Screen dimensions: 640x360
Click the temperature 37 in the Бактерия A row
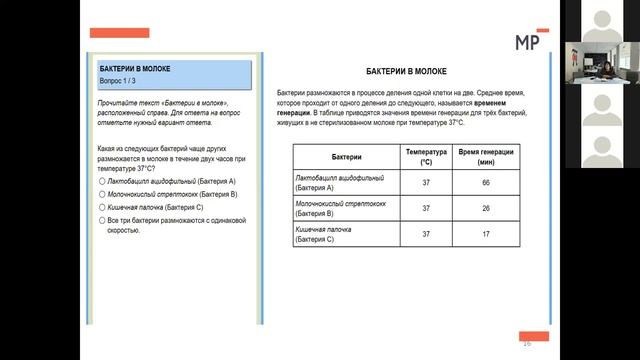coord(426,183)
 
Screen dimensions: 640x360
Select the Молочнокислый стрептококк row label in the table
coord(333,208)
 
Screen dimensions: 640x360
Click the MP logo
coord(527,41)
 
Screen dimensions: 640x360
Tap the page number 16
coord(526,343)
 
